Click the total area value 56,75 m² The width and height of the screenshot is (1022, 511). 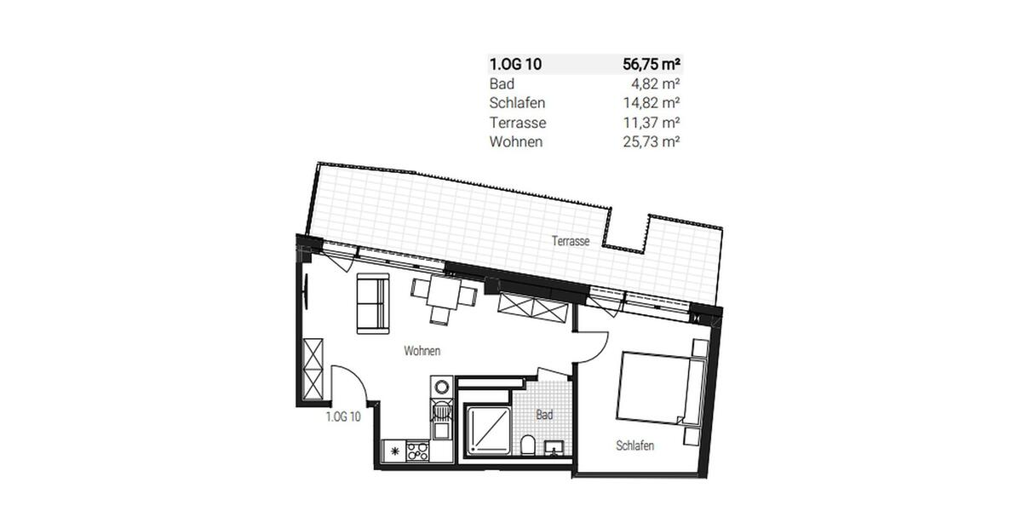(652, 64)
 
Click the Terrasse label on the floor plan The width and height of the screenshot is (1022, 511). (571, 242)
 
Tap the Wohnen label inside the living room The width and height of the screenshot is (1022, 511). (422, 351)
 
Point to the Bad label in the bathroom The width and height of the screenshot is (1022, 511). (545, 415)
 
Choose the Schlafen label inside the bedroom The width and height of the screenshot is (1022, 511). (635, 445)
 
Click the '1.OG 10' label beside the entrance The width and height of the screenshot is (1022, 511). (345, 417)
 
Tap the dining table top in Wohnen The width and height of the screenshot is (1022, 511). (444, 295)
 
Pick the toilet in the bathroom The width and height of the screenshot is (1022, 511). (527, 445)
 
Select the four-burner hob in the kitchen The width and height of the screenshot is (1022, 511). (417, 451)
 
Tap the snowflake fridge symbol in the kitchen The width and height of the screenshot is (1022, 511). (394, 451)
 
